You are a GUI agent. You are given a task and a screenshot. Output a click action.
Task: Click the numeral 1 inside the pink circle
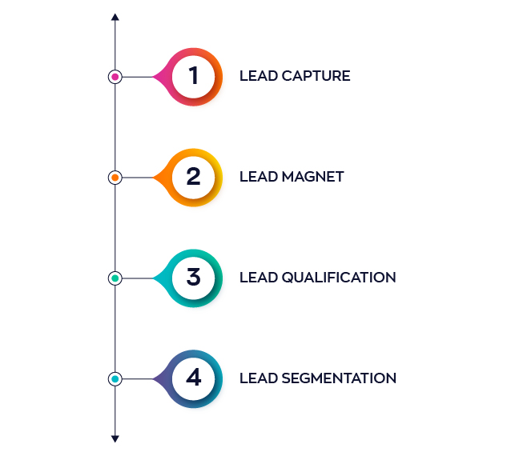point(193,75)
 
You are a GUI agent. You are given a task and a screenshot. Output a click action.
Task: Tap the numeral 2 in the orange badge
point(193,176)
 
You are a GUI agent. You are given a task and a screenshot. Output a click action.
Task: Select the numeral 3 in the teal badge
point(193,277)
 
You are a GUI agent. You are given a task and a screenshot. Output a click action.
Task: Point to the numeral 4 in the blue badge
point(194,378)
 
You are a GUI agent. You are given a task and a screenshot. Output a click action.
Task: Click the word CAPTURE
point(316,76)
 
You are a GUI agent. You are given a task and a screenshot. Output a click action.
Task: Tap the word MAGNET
point(312,177)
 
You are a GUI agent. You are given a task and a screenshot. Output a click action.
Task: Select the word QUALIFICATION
point(339,278)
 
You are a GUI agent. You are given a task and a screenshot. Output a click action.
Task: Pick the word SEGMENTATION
point(339,378)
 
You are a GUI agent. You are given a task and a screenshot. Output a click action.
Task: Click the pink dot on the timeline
point(115,77)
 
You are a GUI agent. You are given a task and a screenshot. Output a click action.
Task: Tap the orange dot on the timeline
point(115,178)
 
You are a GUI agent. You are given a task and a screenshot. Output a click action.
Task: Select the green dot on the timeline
point(115,278)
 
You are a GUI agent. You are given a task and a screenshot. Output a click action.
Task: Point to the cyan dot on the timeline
point(115,379)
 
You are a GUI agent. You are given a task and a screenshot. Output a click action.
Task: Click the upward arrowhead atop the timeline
point(115,17)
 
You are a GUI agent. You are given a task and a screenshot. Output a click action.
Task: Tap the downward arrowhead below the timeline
point(115,438)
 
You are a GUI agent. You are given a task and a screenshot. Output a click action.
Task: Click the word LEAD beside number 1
point(259,76)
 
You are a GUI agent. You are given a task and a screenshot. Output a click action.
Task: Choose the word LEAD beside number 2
point(259,177)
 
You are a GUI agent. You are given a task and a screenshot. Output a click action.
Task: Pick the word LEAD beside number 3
point(259,278)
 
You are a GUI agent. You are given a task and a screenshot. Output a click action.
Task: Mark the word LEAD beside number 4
point(259,378)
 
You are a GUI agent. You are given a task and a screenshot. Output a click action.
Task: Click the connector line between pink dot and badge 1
point(138,77)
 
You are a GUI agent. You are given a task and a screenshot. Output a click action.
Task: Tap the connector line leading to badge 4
point(138,379)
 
